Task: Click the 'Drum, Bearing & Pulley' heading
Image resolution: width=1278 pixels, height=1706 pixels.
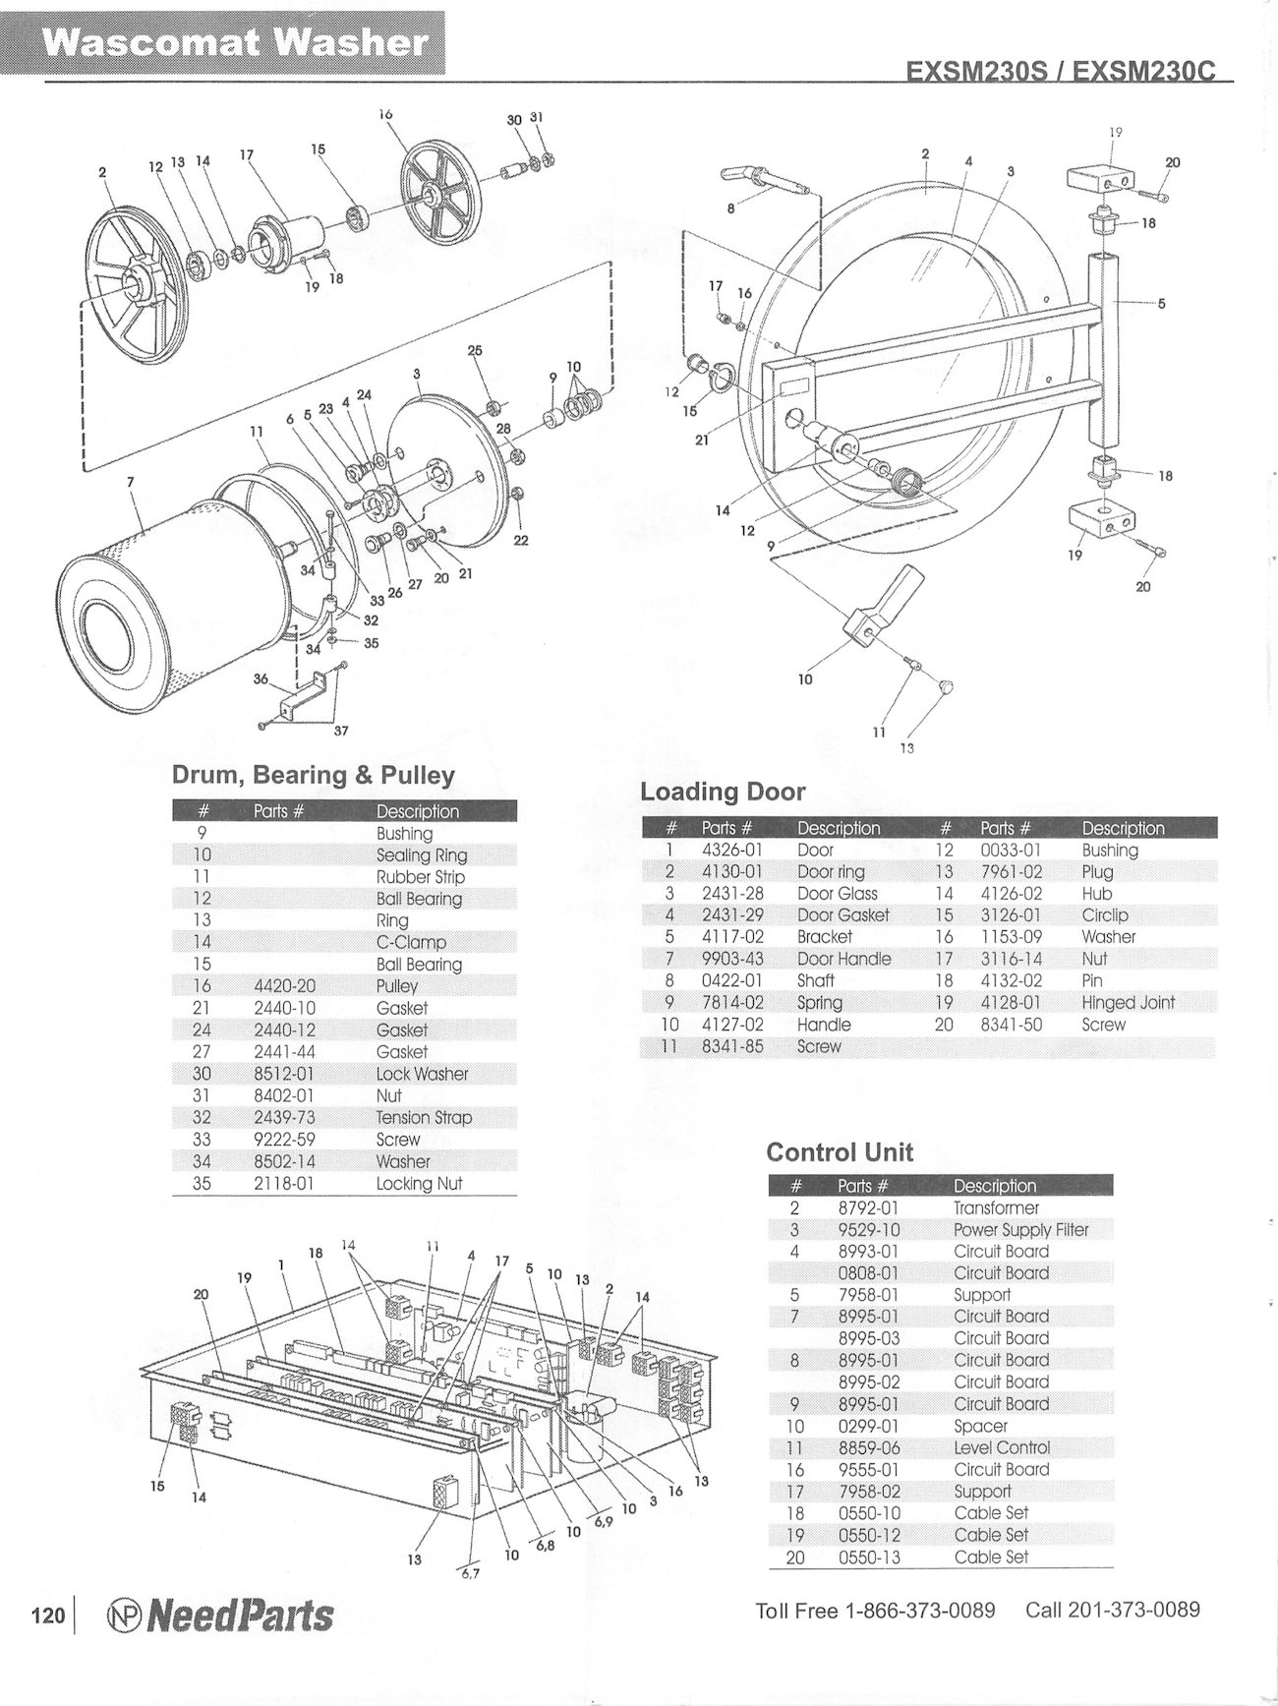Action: click(x=314, y=775)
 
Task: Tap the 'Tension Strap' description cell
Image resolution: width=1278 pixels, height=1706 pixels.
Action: click(x=424, y=1118)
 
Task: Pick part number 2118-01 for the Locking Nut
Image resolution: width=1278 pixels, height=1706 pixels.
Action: click(x=283, y=1184)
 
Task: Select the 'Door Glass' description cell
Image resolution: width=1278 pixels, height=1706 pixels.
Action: click(x=837, y=894)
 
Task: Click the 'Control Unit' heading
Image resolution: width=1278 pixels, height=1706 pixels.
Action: click(x=840, y=1152)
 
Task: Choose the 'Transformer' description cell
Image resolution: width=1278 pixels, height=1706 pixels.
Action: click(x=996, y=1208)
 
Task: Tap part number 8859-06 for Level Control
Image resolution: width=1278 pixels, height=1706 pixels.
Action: click(x=868, y=1448)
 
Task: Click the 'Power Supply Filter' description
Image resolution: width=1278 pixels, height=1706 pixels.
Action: click(x=1020, y=1230)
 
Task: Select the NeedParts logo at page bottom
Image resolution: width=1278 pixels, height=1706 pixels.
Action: click(x=219, y=1617)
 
